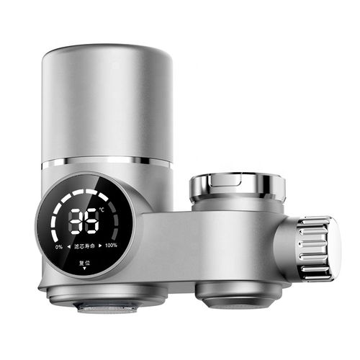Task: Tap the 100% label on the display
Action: tap(111, 246)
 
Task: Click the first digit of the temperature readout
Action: tap(76, 223)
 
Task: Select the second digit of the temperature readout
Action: tap(92, 223)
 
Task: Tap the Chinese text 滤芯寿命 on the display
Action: tap(84, 246)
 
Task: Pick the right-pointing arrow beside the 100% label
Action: tap(100, 246)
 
